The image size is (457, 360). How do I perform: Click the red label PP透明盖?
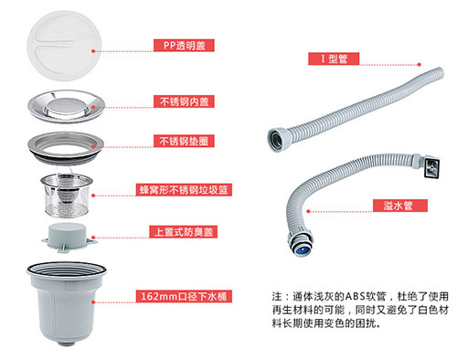184,46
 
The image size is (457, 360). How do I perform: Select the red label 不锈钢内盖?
184,101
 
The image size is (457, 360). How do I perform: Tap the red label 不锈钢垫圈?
184,141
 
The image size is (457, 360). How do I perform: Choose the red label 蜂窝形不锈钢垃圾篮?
184,190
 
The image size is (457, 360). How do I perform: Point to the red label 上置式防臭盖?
183,232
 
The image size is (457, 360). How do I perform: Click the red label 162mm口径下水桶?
184,296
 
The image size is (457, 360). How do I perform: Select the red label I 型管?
334,58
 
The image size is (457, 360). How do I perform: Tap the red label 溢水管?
400,206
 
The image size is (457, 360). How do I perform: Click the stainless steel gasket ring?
66,148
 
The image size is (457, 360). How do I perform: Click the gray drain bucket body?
67,303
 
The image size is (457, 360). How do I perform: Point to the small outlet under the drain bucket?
67,344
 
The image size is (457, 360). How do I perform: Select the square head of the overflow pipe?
430,168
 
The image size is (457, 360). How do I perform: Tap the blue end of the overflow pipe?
301,251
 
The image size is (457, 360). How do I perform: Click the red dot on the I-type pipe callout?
420,65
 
